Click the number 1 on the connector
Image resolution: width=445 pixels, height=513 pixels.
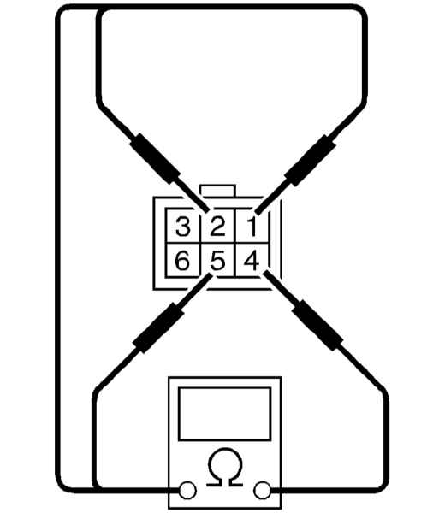[252, 227]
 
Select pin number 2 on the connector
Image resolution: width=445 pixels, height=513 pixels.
[217, 227]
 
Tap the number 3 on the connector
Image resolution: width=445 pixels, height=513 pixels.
[183, 227]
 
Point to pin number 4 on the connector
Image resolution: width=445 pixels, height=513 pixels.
[252, 261]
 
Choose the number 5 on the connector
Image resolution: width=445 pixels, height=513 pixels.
[217, 261]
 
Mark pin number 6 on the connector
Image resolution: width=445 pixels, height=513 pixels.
[182, 261]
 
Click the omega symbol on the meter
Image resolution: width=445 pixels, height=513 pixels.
[224, 467]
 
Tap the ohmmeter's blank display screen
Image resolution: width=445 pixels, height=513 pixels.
[224, 414]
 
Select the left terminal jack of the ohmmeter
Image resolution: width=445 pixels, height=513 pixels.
[187, 491]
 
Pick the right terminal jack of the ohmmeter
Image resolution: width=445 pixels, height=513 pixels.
[262, 491]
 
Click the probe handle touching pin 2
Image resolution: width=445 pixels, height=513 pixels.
[155, 158]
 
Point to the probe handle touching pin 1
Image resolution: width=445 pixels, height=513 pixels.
[311, 161]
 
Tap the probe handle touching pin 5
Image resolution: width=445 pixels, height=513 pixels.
[158, 328]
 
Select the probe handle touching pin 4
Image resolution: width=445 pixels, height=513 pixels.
[317, 326]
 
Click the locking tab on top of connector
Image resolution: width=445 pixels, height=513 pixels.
[217, 191]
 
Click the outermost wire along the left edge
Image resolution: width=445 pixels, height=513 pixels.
[58, 249]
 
